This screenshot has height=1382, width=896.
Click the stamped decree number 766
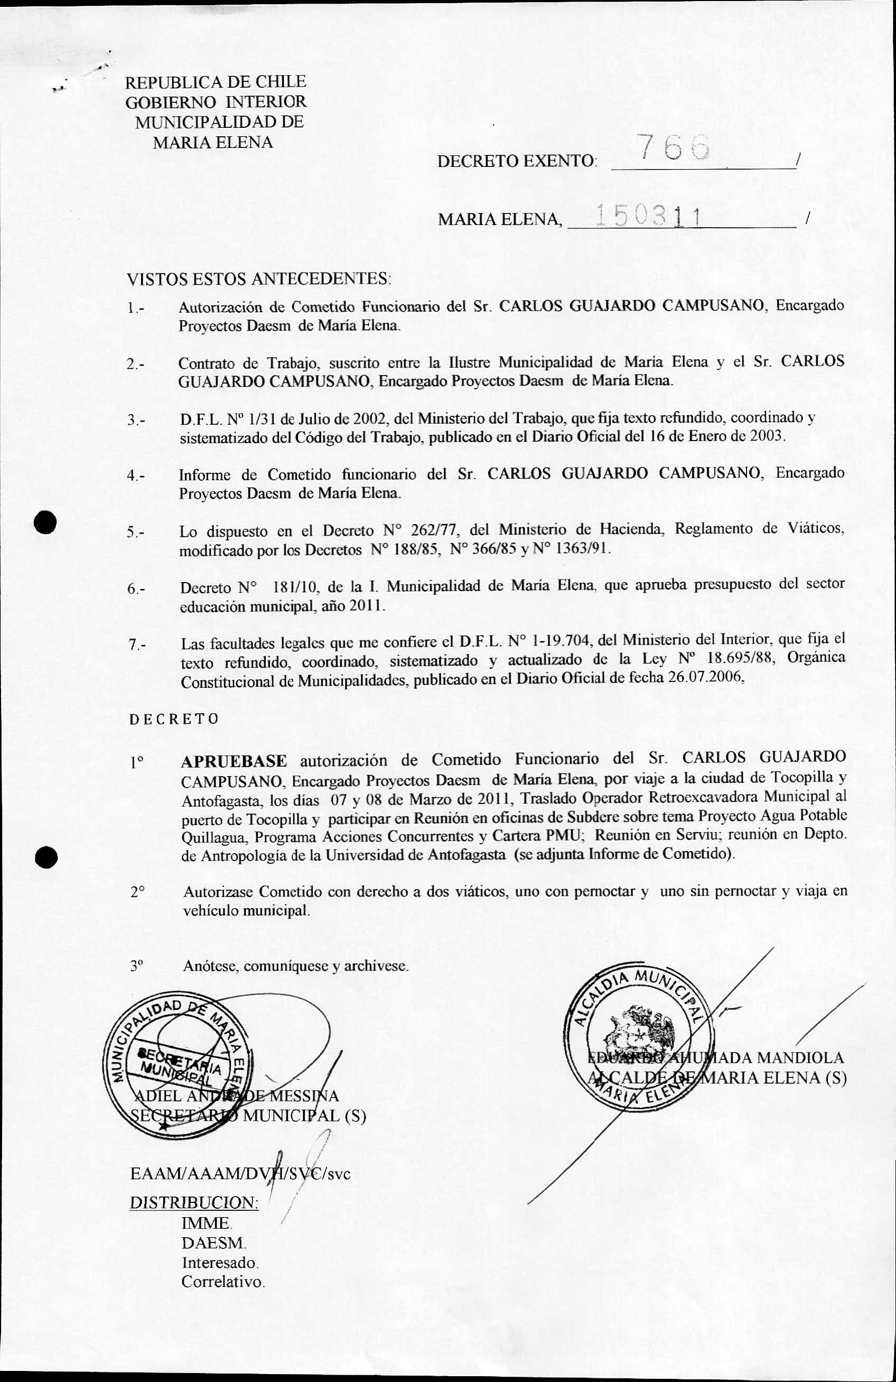(x=673, y=148)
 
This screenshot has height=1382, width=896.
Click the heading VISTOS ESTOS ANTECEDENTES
(x=258, y=279)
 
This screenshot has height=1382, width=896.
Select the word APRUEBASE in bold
(x=234, y=761)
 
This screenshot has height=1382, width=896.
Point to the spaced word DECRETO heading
(x=174, y=719)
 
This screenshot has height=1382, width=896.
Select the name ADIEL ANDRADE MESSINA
(x=235, y=1096)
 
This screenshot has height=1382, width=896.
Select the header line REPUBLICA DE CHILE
(x=216, y=82)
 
